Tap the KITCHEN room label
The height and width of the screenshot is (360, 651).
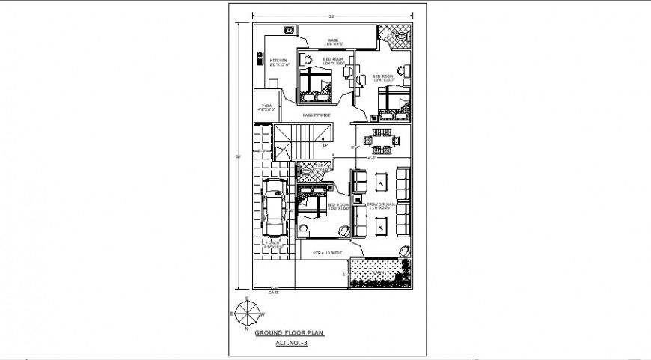(279, 63)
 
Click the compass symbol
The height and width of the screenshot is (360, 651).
(245, 311)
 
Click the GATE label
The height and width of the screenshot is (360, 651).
(273, 292)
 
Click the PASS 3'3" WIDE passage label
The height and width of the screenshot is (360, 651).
(317, 115)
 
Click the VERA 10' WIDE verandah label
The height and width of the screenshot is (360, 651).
(327, 254)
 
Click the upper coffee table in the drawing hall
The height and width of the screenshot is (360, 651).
(382, 181)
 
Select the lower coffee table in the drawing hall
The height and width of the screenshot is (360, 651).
(382, 224)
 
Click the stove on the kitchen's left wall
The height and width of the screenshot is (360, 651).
(259, 59)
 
